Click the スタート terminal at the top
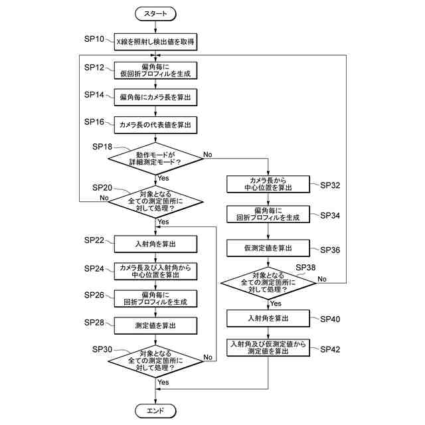155,13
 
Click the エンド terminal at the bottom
155,411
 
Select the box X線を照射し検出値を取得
155,42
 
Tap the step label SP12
94,68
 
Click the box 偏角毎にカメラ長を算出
155,98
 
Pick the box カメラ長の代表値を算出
155,124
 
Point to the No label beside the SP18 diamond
208,154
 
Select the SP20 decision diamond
155,200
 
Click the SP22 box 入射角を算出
155,244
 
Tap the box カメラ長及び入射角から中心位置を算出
155,271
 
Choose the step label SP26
94,295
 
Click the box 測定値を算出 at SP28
155,325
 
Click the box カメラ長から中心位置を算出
268,184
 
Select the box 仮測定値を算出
268,248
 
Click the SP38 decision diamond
268,283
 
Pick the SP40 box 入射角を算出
268,319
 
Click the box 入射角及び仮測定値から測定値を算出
268,348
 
